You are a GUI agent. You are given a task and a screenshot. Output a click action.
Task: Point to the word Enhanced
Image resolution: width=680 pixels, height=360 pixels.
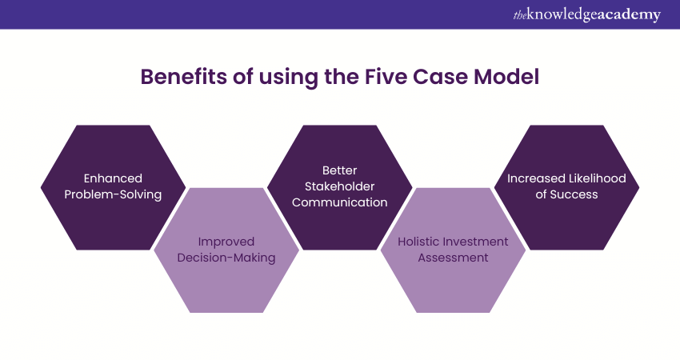[x=113, y=178]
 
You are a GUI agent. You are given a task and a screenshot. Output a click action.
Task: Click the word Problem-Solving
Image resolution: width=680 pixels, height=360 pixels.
[x=113, y=194]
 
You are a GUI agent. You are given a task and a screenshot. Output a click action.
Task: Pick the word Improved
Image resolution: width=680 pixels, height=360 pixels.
[x=226, y=242]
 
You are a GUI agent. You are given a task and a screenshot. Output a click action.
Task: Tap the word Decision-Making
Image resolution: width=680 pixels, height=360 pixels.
[x=226, y=258]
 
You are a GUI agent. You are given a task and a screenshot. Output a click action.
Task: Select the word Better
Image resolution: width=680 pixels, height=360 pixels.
[x=339, y=170]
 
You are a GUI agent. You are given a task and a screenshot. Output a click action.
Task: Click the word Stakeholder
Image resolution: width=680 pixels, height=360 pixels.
[x=339, y=186]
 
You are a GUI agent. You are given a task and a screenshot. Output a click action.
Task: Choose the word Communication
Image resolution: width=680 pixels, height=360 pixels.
[x=339, y=202]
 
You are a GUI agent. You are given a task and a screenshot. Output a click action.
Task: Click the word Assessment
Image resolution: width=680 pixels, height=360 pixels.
[x=453, y=258]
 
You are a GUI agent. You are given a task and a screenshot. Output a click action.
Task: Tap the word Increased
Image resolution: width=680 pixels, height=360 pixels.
[x=535, y=178]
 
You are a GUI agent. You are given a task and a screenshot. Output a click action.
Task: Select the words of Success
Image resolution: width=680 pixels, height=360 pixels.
[x=566, y=194]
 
